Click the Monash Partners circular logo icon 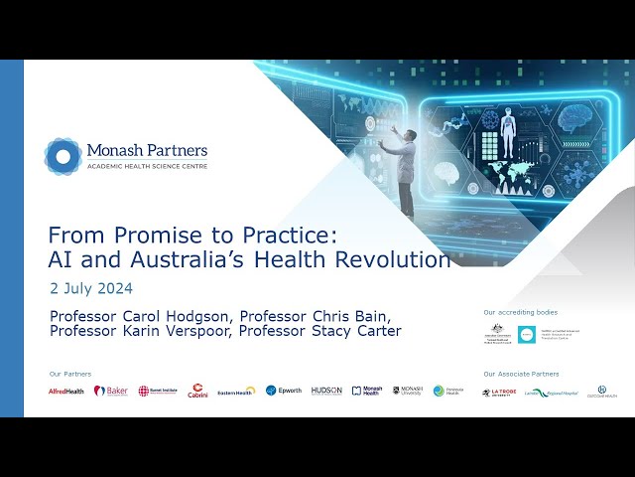63,156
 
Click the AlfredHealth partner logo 66,391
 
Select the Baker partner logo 111,391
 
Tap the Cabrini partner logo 197,391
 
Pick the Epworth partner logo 283,391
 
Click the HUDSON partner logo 326,391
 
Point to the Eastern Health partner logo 236,391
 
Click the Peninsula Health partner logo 445,391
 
